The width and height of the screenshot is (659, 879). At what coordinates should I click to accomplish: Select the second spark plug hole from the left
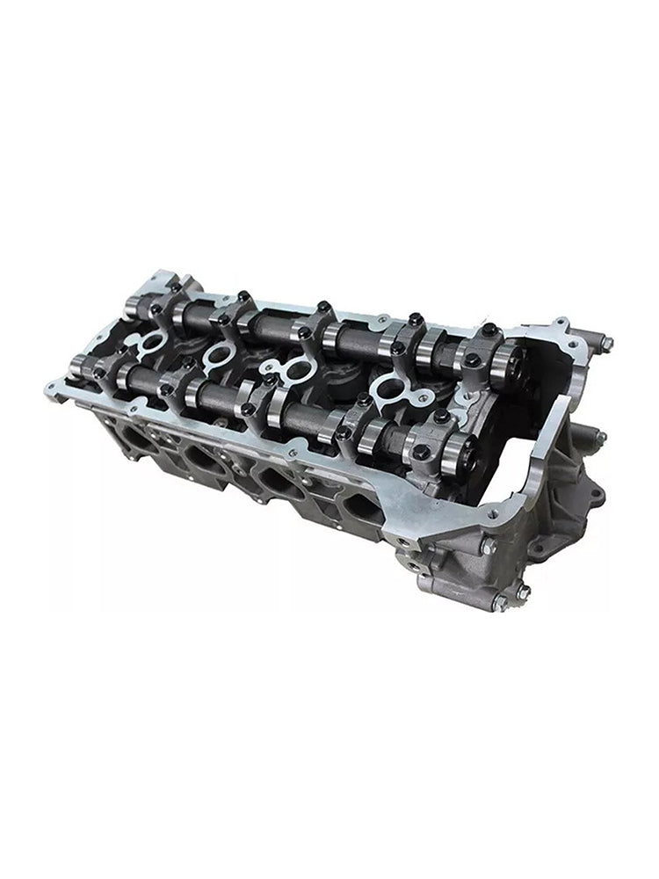221,357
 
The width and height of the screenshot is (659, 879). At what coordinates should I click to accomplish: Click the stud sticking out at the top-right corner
606,343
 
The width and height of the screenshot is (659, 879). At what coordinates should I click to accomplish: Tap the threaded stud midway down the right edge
599,437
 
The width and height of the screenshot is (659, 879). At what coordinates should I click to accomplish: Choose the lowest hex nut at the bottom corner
500,603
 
